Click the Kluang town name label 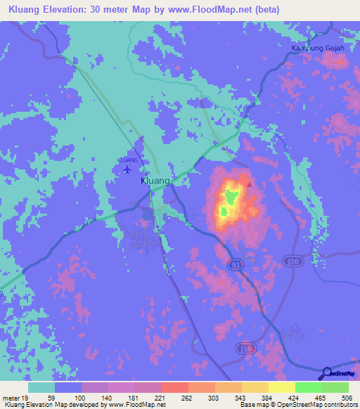coord(156,181)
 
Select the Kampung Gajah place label coord(317,48)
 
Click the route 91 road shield coord(236,262)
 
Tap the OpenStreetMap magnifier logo coord(326,372)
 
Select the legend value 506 coord(347,398)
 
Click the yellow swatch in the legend coord(281,387)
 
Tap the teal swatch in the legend coord(41,387)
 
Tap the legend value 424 coord(293,398)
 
